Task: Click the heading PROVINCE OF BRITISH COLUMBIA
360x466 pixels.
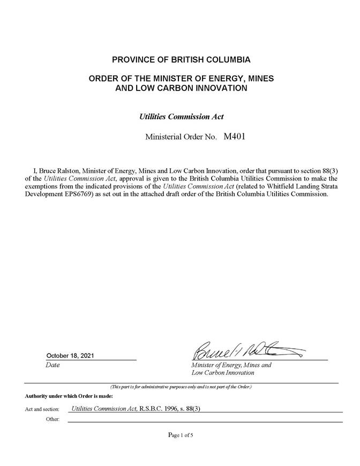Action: coord(181,59)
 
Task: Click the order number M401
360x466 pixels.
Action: coord(234,137)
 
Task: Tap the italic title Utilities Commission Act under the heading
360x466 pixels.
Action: coord(181,116)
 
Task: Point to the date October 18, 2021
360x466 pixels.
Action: coord(71,356)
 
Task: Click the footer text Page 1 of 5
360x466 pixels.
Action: coord(181,435)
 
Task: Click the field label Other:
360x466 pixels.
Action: coord(52,419)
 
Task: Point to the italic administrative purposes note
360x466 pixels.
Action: coord(181,386)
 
